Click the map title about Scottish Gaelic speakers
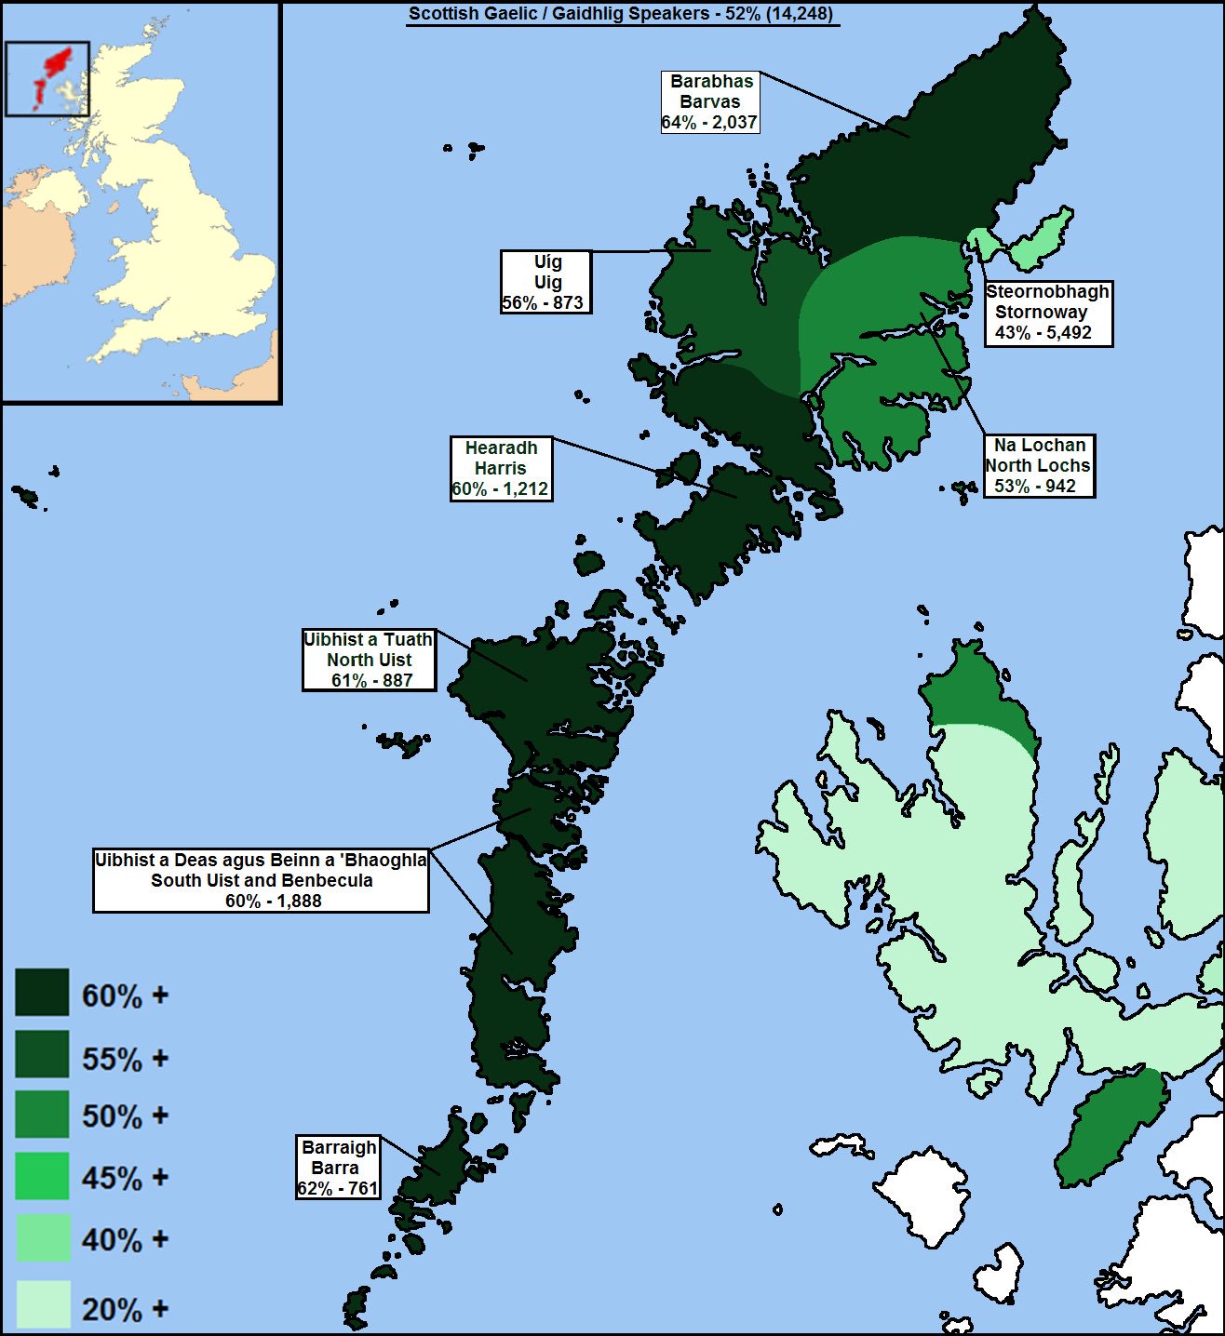[x=622, y=14]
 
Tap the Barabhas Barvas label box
[x=710, y=101]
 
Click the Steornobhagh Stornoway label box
[x=1048, y=313]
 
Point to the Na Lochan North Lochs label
[x=1039, y=465]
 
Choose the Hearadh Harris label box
[x=501, y=468]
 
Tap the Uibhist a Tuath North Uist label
[x=370, y=660]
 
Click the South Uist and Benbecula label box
[x=261, y=880]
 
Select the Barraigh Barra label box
[x=338, y=1168]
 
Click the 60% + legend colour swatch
[x=42, y=992]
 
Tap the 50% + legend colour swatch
[x=42, y=1115]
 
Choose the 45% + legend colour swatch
[x=42, y=1176]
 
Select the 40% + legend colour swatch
[x=42, y=1237]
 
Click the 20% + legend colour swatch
[x=42, y=1304]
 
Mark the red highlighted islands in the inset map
[x=57, y=62]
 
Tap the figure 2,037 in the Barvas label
[x=734, y=122]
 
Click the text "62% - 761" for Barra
[x=338, y=1188]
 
